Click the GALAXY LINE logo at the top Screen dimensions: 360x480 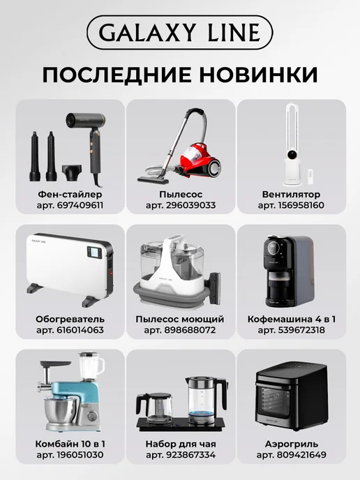pos(180,32)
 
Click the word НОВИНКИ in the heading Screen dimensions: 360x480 pos(259,75)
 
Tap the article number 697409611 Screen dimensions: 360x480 pos(80,205)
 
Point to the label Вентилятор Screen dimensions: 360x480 pos(291,195)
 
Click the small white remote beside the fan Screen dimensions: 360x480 pos(310,177)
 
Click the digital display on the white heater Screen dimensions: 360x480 pos(94,253)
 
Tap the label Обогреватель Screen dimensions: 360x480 pos(70,319)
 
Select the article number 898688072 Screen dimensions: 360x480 pos(190,330)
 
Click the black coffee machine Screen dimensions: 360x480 pos(289,271)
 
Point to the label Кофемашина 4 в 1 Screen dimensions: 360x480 pos(292,319)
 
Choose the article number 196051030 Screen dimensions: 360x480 pos(80,455)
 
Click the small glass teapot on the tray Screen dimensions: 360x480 pos(154,407)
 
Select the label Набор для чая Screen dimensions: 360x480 pos(181,444)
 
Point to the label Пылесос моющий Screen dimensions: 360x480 pos(180,319)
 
